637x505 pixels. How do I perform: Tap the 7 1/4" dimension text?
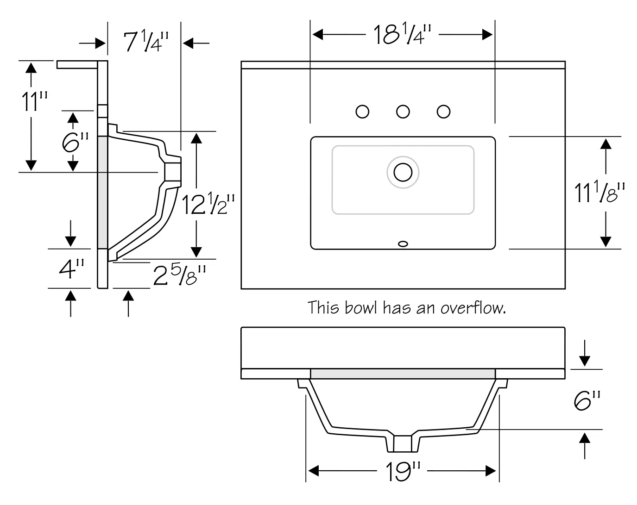click(144, 42)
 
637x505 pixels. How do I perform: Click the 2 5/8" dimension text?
click(179, 275)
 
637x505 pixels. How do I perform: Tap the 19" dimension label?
click(402, 472)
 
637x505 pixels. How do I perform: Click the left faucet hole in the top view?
click(362, 112)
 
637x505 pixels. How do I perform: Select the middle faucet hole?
click(403, 112)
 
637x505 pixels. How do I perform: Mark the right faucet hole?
click(444, 112)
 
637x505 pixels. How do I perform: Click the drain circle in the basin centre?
click(403, 172)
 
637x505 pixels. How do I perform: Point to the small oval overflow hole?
click(403, 243)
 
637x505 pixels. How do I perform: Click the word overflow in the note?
click(472, 307)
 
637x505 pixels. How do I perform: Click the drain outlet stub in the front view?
click(402, 443)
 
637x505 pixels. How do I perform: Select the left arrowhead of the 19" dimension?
click(313, 471)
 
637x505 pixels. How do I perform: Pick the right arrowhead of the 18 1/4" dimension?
click(487, 34)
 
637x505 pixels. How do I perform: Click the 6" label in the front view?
click(587, 400)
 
